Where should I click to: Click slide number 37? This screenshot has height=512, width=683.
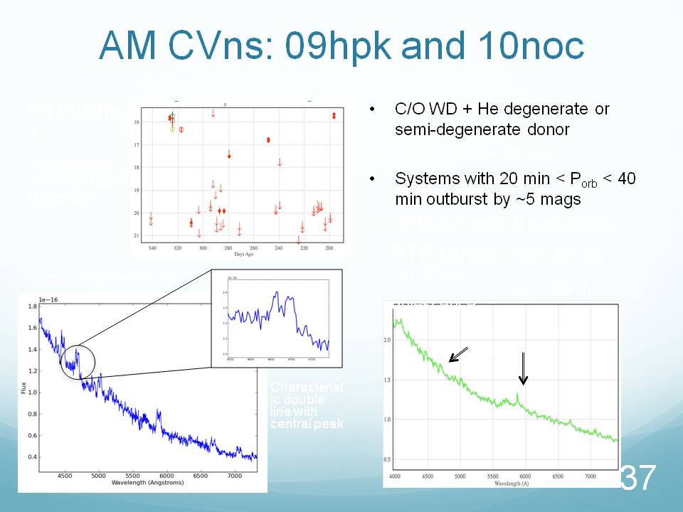pos(637,478)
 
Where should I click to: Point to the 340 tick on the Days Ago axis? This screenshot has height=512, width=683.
pos(152,248)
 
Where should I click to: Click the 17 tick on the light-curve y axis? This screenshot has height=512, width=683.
pos(136,145)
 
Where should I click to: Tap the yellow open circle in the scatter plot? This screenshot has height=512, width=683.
pos(172,129)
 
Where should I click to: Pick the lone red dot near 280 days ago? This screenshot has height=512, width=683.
pos(229,156)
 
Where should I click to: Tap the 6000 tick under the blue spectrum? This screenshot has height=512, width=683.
pos(166,474)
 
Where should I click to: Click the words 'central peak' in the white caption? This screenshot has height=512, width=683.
pos(307,425)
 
